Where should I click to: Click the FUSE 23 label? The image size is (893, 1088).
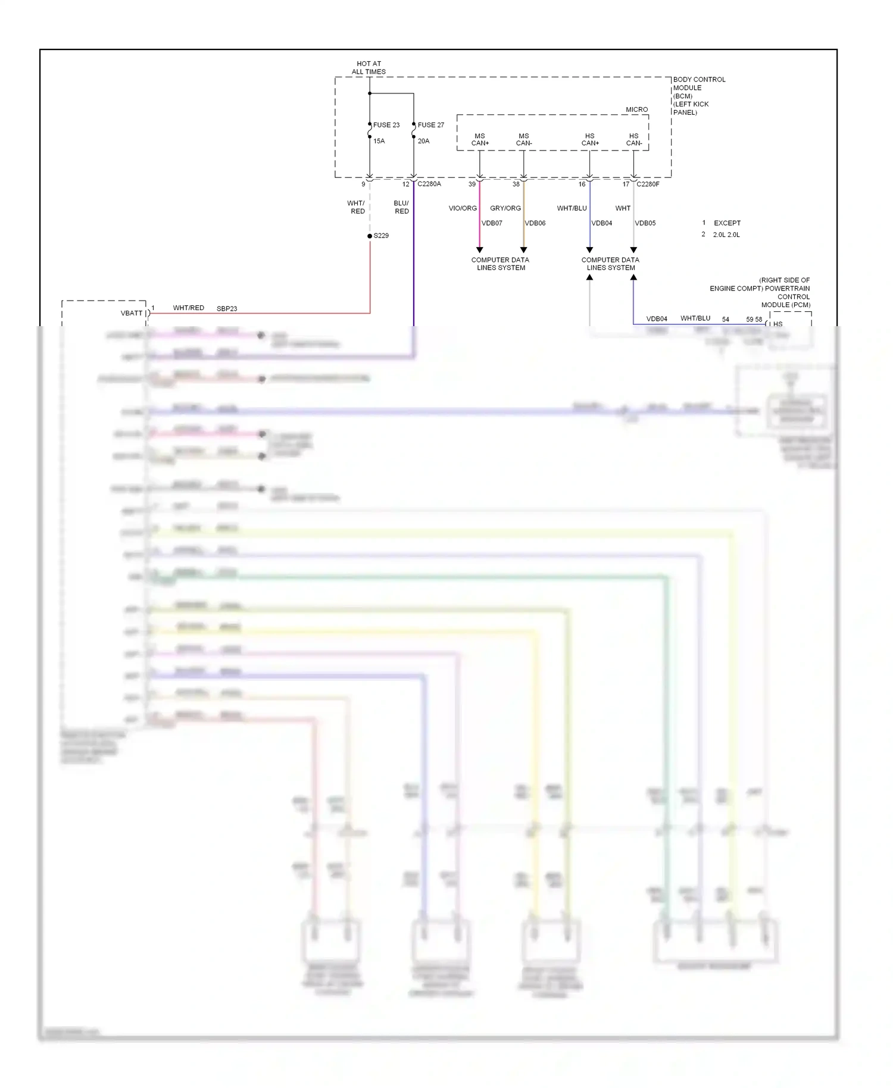[x=386, y=125]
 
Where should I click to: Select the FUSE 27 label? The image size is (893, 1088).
[x=431, y=125]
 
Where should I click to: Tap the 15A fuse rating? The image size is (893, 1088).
[x=379, y=141]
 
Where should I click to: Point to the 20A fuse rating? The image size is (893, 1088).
[x=423, y=141]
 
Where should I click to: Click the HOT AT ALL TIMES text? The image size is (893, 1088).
[x=369, y=68]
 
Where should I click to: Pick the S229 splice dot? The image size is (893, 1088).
[x=370, y=236]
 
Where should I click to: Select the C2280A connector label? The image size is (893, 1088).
[x=429, y=184]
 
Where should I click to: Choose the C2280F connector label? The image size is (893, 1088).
[x=648, y=184]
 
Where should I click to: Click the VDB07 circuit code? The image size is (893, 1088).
[x=492, y=223]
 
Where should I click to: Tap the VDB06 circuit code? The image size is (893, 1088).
[x=535, y=223]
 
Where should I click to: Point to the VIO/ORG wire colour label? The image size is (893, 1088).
[x=463, y=208]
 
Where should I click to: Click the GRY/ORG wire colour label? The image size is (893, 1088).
[x=505, y=208]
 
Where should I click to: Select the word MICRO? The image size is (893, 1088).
[x=636, y=110]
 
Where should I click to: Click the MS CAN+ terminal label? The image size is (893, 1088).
[x=480, y=140]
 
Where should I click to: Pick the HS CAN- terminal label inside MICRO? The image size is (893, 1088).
[x=634, y=140]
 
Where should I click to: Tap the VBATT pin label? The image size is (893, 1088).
[x=132, y=313]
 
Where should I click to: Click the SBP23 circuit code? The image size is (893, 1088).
[x=227, y=309]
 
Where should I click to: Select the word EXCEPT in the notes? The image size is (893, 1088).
[x=727, y=223]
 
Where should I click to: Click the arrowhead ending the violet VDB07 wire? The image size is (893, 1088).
[x=480, y=250]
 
